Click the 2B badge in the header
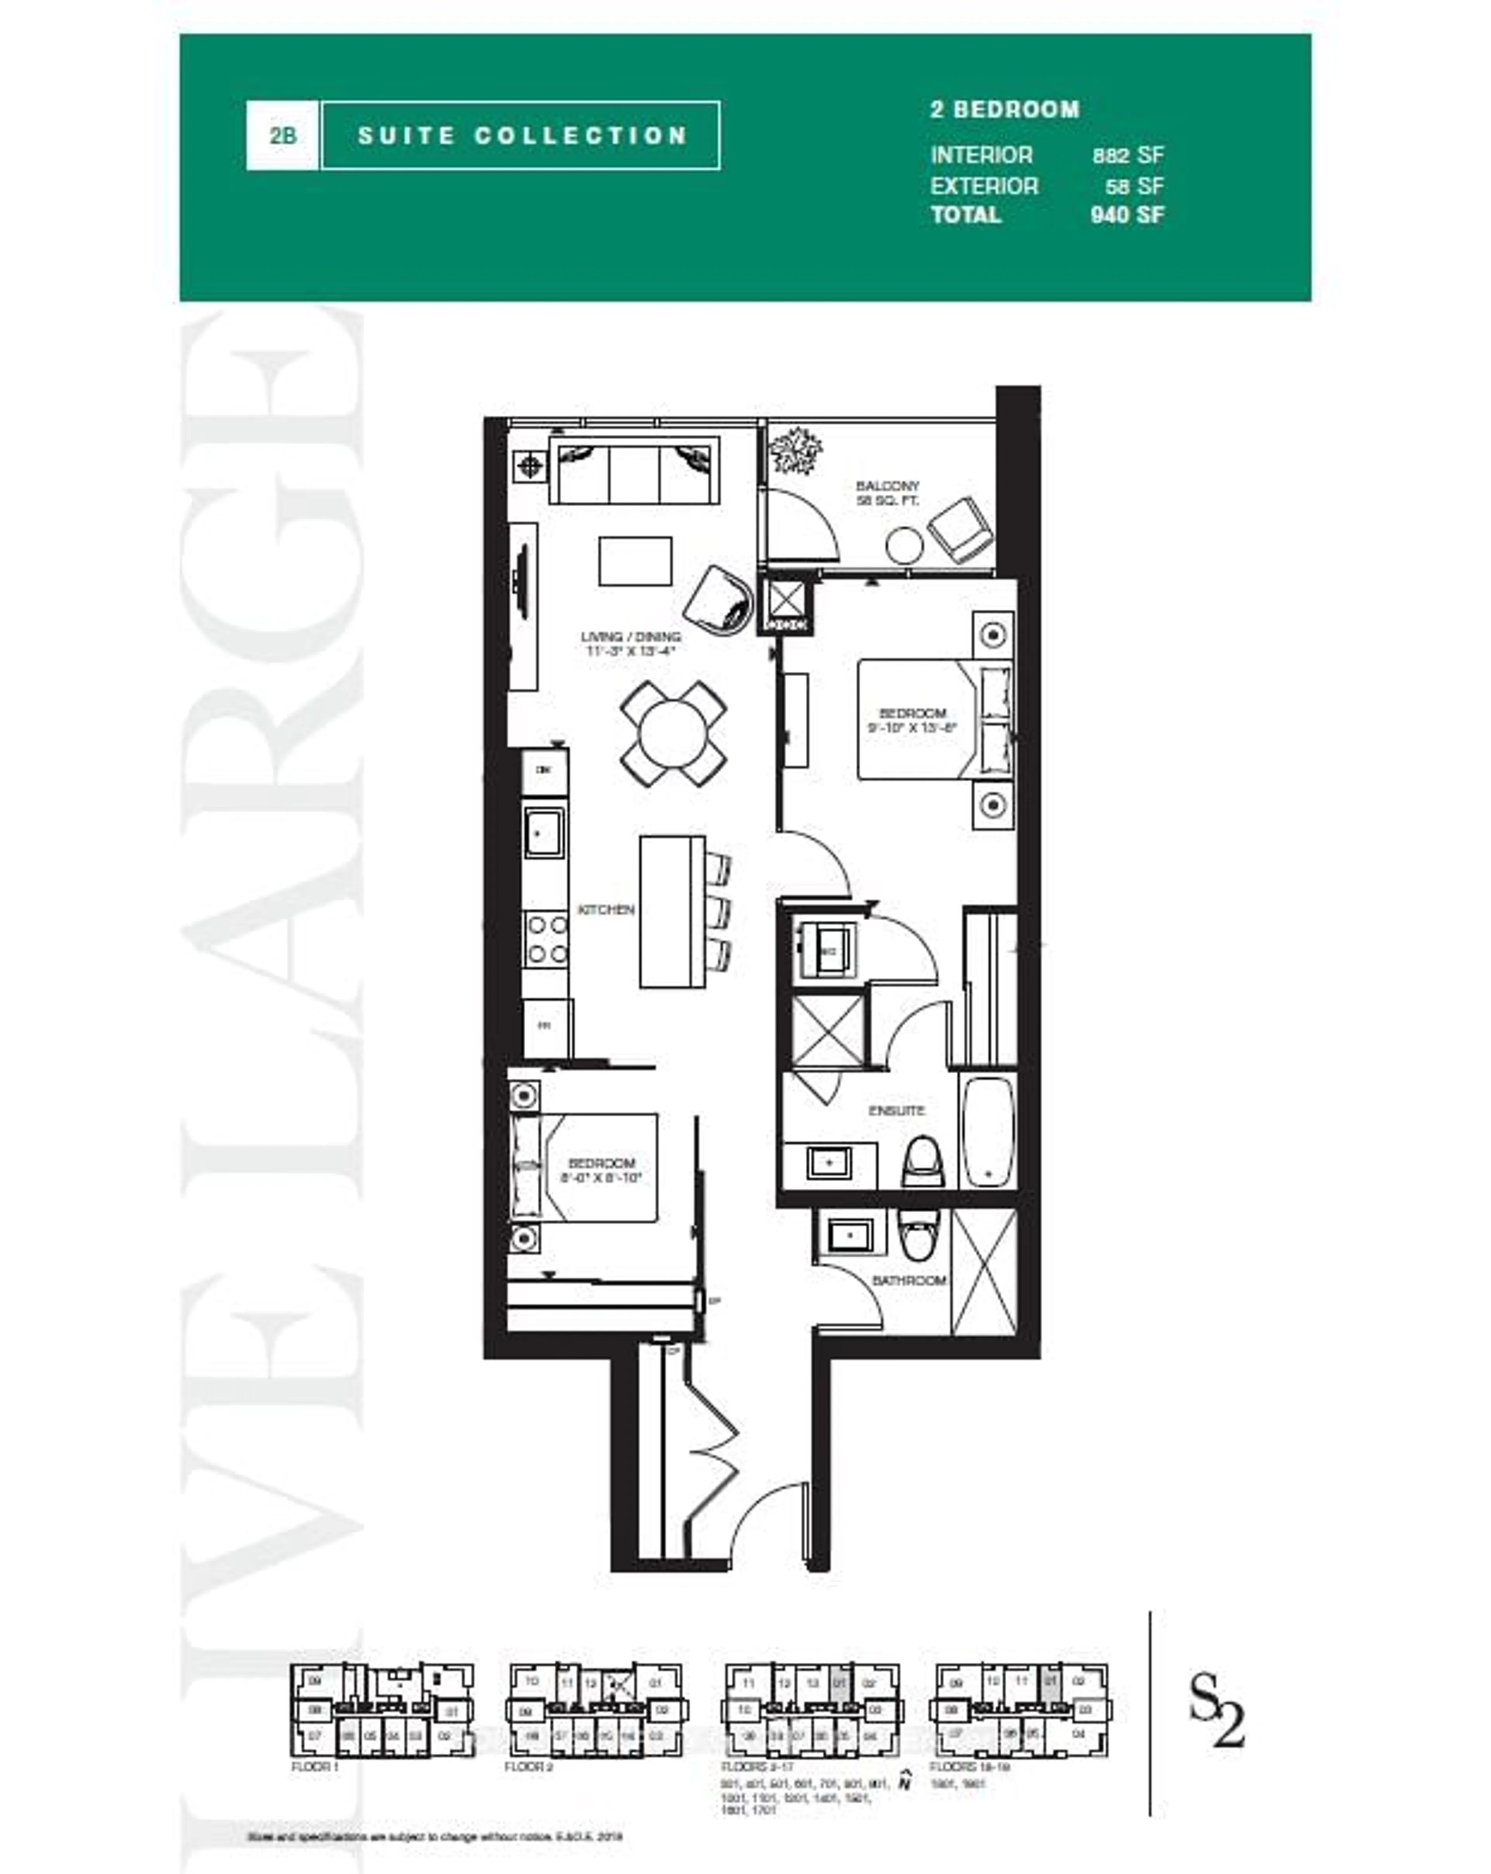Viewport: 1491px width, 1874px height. [282, 136]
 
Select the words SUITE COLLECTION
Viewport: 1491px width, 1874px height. [521, 136]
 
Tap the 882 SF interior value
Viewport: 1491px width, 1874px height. [1127, 156]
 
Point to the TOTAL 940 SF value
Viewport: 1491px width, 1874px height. [1127, 215]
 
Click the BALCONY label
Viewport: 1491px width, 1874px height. [886, 486]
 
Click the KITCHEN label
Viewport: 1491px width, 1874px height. [606, 909]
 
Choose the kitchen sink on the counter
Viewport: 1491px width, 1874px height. [544, 833]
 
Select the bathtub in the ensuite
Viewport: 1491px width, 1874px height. [988, 1131]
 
